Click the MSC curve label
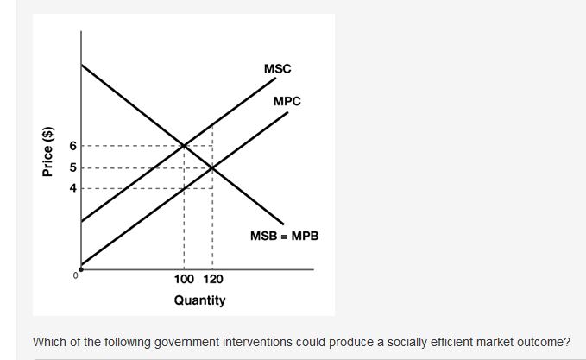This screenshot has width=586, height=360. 277,67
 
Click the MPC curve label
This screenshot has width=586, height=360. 287,101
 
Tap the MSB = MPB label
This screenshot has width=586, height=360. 284,234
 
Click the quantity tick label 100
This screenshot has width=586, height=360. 184,280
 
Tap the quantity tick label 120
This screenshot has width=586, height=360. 212,280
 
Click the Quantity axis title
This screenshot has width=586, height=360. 199,300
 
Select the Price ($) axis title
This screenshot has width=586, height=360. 48,152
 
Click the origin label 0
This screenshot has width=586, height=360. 76,275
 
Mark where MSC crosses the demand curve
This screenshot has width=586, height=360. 184,145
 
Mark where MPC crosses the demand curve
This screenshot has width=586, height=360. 212,167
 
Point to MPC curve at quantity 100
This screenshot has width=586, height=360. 184,187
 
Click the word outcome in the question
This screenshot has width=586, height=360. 540,341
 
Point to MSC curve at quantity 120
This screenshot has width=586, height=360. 212,124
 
